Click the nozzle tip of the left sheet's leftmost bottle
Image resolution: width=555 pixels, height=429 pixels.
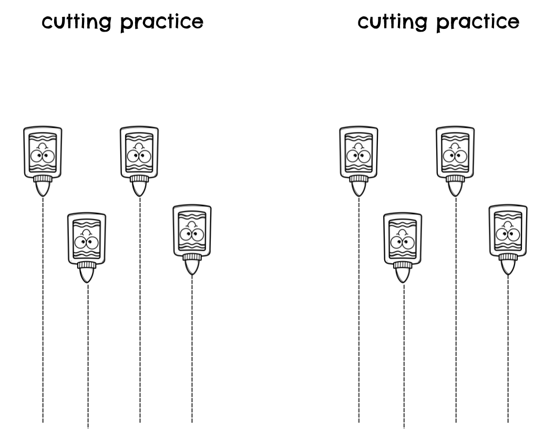pyautogui.click(x=43, y=194)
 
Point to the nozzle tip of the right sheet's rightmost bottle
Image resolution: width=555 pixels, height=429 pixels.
pyautogui.click(x=508, y=272)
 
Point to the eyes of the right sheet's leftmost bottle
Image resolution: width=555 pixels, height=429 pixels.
pyautogui.click(x=358, y=156)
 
